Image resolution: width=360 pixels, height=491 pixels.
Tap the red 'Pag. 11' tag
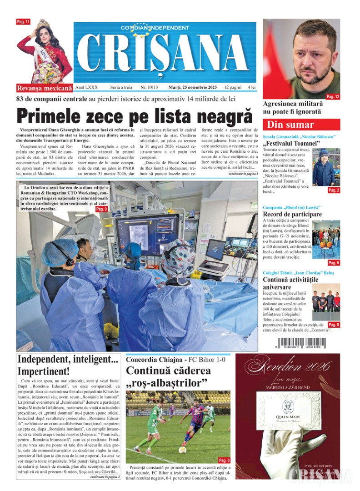click(23, 22)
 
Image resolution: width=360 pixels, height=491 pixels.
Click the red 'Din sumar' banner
click(301, 124)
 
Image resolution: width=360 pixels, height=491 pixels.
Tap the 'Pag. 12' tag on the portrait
click(333, 96)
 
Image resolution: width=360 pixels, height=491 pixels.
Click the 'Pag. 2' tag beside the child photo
click(334, 190)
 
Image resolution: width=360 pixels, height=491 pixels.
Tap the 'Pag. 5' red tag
click(334, 263)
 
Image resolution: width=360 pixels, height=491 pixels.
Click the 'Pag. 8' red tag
click(334, 324)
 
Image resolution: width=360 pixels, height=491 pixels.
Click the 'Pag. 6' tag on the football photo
click(224, 460)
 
